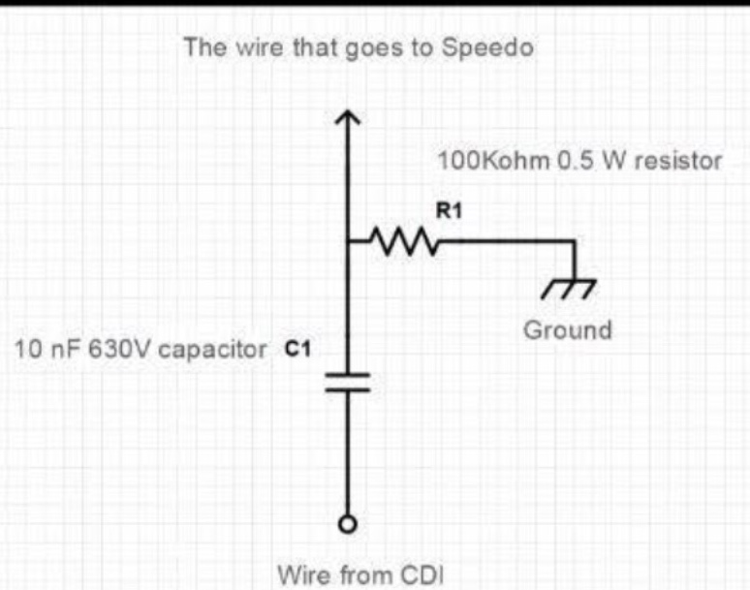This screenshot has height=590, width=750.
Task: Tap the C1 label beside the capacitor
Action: (x=297, y=350)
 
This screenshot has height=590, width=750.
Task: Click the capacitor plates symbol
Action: (x=347, y=383)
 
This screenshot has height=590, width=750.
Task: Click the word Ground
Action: (x=568, y=329)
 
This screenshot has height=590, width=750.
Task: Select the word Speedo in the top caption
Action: (x=495, y=47)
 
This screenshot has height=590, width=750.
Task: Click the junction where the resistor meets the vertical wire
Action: (x=347, y=242)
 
